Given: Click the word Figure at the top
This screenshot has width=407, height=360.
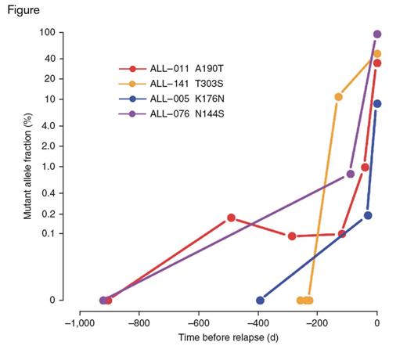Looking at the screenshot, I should (23, 11).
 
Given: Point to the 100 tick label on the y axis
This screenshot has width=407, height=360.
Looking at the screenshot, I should (45, 33).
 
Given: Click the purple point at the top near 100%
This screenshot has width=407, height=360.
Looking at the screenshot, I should (377, 34).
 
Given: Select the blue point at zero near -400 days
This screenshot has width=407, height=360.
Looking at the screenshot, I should (261, 300).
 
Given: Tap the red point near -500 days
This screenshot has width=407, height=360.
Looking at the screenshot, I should (231, 218).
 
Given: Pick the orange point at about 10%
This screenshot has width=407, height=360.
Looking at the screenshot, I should (338, 97).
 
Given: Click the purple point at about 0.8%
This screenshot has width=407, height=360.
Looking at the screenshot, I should (351, 174).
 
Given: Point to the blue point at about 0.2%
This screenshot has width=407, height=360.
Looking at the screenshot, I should (368, 215).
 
